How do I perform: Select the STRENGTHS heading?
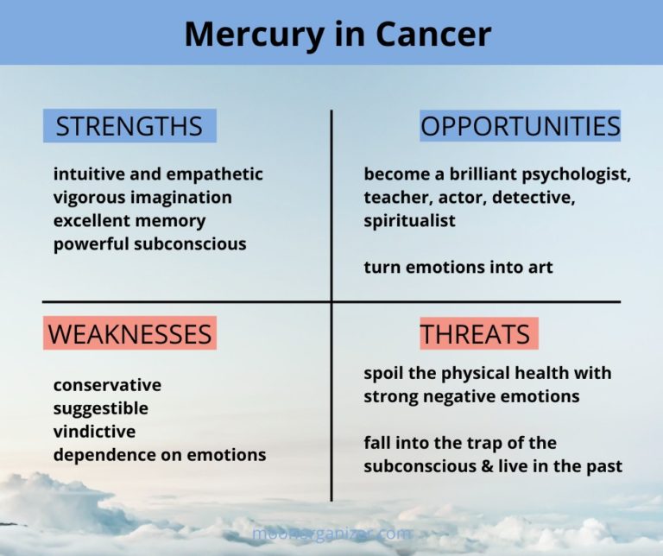(129, 126)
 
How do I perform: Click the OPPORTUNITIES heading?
(520, 126)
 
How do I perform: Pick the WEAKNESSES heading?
(129, 333)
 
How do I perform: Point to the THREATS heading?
(475, 333)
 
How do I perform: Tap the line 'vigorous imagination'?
(142, 197)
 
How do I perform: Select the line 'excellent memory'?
(129, 220)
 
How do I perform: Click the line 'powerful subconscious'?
(149, 243)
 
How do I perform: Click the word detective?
(535, 197)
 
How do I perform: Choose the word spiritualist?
(409, 220)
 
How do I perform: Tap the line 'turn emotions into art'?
(458, 267)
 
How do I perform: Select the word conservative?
(107, 384)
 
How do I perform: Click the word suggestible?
(100, 408)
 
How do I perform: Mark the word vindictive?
(94, 431)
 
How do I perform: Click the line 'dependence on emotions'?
(160, 454)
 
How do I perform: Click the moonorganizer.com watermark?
(331, 534)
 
